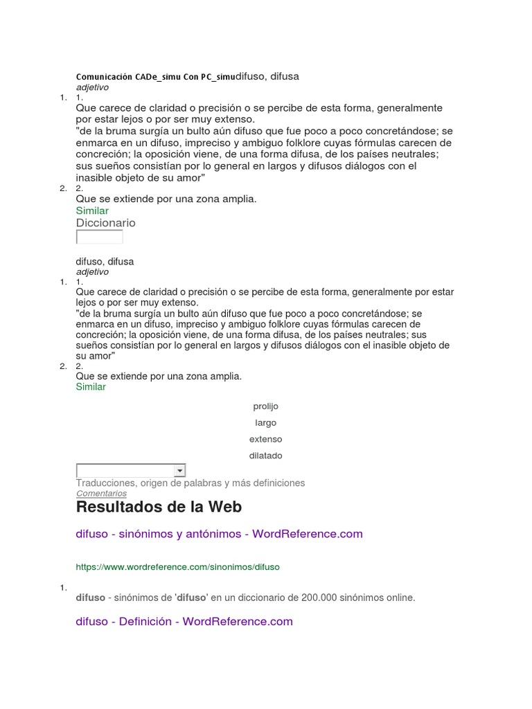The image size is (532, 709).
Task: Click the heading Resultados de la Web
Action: [159, 507]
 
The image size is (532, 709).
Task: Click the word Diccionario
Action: [105, 223]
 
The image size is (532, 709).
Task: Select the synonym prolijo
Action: [266, 406]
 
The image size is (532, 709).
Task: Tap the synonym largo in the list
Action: [266, 423]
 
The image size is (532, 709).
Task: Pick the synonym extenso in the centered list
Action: [266, 440]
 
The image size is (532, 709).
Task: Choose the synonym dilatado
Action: [266, 456]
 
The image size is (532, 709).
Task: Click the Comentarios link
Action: [101, 494]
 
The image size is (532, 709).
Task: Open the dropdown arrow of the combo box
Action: [180, 471]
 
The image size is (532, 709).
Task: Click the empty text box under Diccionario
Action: [99, 237]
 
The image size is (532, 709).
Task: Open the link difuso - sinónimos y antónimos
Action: [219, 534]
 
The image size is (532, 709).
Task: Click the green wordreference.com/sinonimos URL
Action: [177, 566]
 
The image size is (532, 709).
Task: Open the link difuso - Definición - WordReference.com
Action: [184, 621]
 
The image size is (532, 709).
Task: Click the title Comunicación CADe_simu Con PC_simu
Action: [155, 76]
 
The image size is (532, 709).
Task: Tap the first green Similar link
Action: [92, 210]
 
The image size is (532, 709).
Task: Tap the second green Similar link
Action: [91, 387]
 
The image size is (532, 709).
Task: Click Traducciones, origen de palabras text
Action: [190, 483]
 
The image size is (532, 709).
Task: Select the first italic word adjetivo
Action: [92, 87]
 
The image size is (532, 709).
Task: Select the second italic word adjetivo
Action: [92, 272]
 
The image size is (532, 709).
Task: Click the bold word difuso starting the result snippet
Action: [90, 598]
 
